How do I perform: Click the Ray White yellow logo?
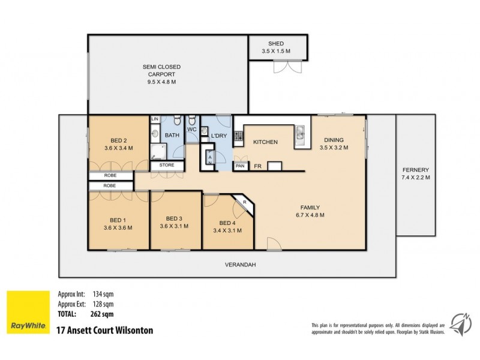[x=28, y=313]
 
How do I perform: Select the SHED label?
[x=277, y=44]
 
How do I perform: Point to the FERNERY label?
[x=416, y=170]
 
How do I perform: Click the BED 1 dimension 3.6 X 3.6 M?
[x=118, y=227]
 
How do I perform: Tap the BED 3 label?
[x=174, y=218]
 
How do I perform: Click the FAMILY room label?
[x=310, y=207]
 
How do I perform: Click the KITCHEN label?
[x=265, y=142]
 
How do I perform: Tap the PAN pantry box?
[x=240, y=166]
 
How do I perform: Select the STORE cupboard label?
[x=167, y=165]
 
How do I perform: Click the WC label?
[x=193, y=129]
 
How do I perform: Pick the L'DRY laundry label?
[x=218, y=137]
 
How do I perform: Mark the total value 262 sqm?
[x=103, y=313]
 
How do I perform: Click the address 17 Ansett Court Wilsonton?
[x=104, y=330]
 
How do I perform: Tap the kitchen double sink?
[x=299, y=137]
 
